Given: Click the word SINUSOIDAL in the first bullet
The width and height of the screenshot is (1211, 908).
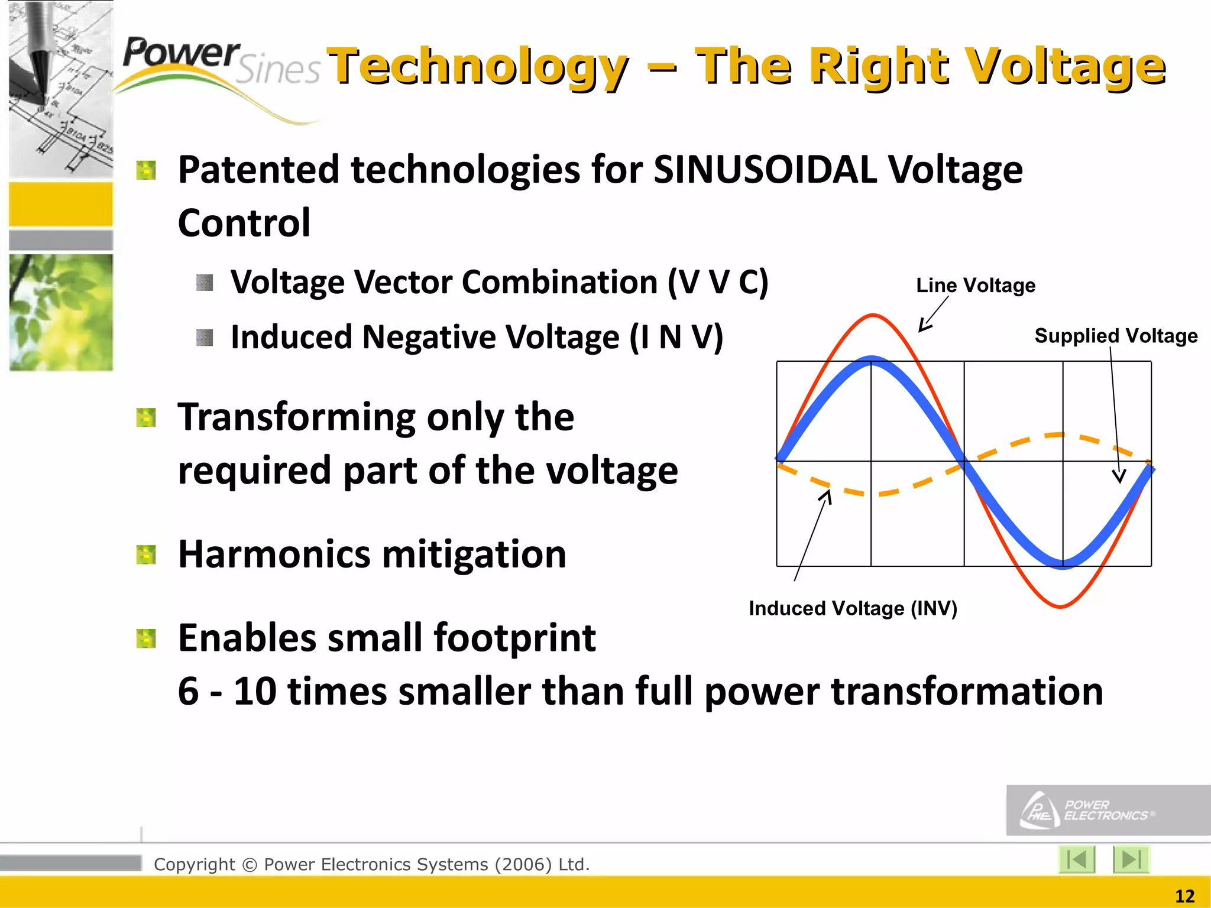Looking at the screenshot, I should click(x=766, y=170).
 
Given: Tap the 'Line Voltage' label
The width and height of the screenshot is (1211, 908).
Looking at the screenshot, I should click(x=976, y=286).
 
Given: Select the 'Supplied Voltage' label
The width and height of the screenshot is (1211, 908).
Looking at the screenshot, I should click(x=1116, y=336).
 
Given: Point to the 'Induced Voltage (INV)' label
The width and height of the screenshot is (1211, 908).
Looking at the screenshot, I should click(x=853, y=608).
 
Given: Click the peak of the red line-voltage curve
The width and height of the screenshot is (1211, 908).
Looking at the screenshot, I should click(x=873, y=315).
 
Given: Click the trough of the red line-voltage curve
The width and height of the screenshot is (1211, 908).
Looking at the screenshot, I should click(x=1061, y=607).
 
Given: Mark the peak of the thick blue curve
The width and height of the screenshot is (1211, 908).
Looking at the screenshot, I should click(x=872, y=359).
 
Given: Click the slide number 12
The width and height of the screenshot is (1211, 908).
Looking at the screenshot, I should click(x=1184, y=896).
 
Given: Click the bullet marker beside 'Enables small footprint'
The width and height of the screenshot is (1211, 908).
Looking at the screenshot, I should click(x=145, y=638).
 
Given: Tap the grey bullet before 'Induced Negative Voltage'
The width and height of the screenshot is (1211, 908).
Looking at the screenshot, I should click(x=205, y=338).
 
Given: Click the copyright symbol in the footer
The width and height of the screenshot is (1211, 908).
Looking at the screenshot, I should click(x=250, y=865).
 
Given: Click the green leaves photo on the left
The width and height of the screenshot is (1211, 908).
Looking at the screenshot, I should click(x=61, y=312).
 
